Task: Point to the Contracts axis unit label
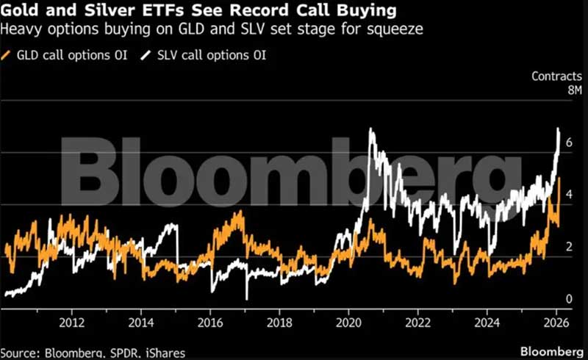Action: (x=556, y=76)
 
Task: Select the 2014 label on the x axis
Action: (x=141, y=323)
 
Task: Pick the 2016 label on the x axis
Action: (x=211, y=323)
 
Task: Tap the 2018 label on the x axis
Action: (x=279, y=323)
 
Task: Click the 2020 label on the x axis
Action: (x=348, y=323)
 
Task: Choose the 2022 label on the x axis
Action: (x=418, y=323)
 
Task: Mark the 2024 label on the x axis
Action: (x=487, y=323)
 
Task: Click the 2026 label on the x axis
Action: (x=556, y=323)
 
